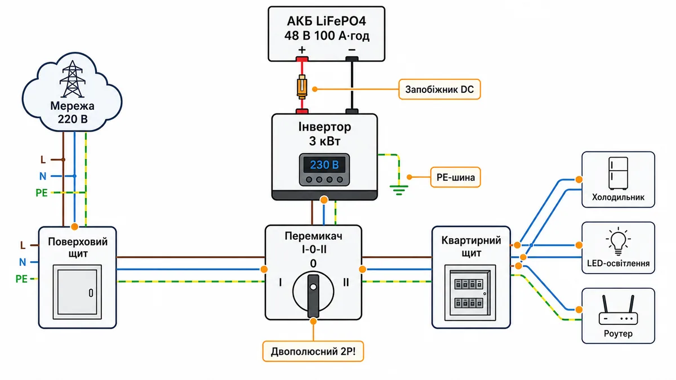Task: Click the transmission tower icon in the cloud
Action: (x=73, y=79)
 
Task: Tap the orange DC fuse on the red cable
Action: (x=302, y=87)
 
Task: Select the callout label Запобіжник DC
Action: (x=439, y=90)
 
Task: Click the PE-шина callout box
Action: (x=455, y=177)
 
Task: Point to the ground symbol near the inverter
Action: (x=399, y=190)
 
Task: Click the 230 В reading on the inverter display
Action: (x=324, y=164)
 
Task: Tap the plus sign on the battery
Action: (x=302, y=50)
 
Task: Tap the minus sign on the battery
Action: (x=352, y=50)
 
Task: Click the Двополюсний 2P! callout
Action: (x=313, y=351)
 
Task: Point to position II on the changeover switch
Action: (x=346, y=282)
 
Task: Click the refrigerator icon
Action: (x=618, y=173)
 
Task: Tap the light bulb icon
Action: (x=618, y=242)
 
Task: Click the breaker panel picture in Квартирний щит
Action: (x=470, y=293)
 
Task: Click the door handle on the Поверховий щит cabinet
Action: (x=91, y=293)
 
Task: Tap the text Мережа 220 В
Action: (x=73, y=113)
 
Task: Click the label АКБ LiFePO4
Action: (x=326, y=21)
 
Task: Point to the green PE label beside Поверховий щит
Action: (x=21, y=279)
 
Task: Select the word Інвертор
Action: (x=324, y=127)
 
